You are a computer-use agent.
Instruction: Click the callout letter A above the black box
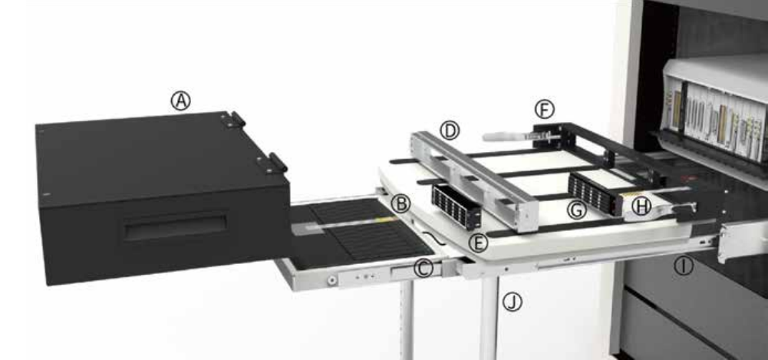pyautogui.click(x=180, y=101)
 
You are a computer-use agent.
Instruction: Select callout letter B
pyautogui.click(x=399, y=203)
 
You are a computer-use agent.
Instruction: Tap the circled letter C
pyautogui.click(x=423, y=268)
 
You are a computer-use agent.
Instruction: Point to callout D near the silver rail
pyautogui.click(x=450, y=130)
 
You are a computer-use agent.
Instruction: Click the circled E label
pyautogui.click(x=479, y=243)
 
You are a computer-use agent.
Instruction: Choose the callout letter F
pyautogui.click(x=545, y=108)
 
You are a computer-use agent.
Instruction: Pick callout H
pyautogui.click(x=641, y=206)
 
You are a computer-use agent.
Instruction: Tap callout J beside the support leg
pyautogui.click(x=512, y=302)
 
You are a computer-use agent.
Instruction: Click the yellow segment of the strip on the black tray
pyautogui.click(x=383, y=219)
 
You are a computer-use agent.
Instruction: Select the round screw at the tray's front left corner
pyautogui.click(x=331, y=281)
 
